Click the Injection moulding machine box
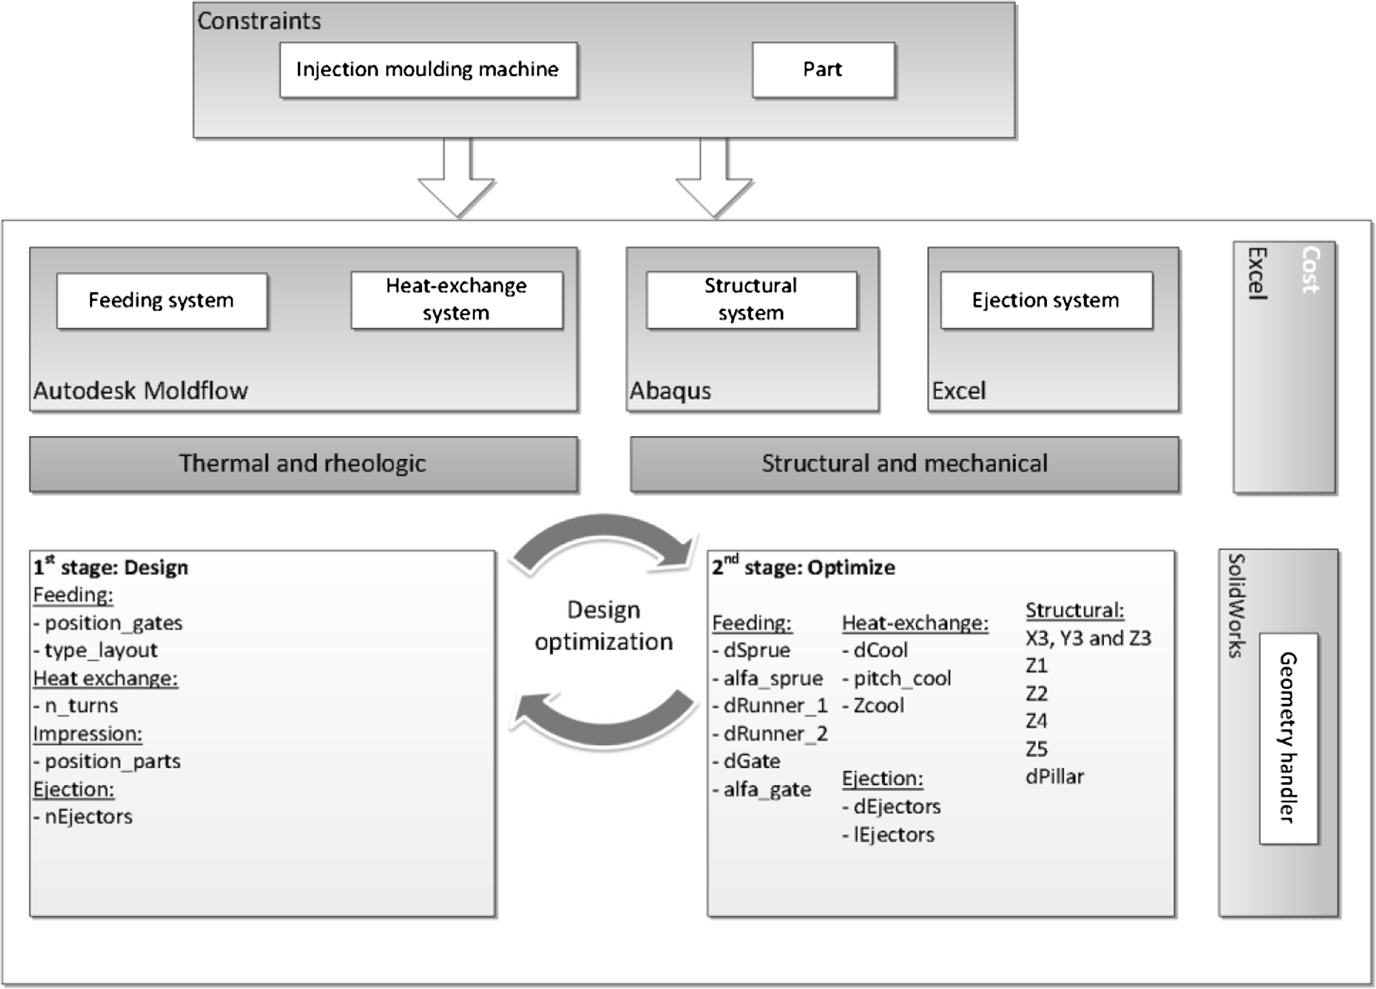pos(428,70)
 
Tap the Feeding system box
pos(162,300)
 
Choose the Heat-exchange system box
pos(456,300)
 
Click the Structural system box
pos(751,300)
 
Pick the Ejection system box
pos(1045,300)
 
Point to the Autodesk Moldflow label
pos(141,391)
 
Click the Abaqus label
pos(670,391)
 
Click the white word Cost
pos(1310,270)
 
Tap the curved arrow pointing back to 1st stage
pos(604,722)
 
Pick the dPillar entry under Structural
pos(1054,777)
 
